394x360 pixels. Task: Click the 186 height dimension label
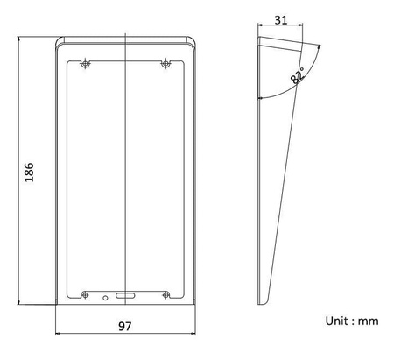pyautogui.click(x=29, y=173)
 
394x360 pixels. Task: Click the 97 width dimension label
pyautogui.click(x=125, y=326)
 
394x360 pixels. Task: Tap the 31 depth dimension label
pyautogui.click(x=281, y=20)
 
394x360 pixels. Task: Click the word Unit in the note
pyautogui.click(x=337, y=321)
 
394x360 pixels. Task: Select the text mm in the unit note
pyautogui.click(x=369, y=321)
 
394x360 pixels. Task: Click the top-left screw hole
pyautogui.click(x=85, y=63)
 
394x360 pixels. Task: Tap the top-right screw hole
pyautogui.click(x=165, y=63)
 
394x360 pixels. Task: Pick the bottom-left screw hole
pyautogui.click(x=85, y=295)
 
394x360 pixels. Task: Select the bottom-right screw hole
pyautogui.click(x=165, y=295)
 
